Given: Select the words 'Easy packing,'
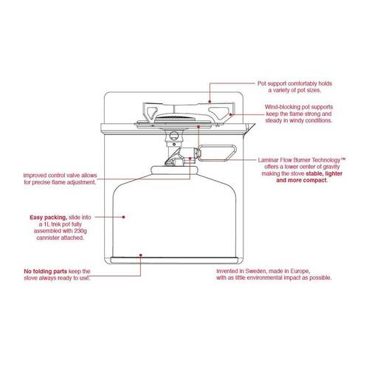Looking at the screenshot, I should [x=46, y=218].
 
